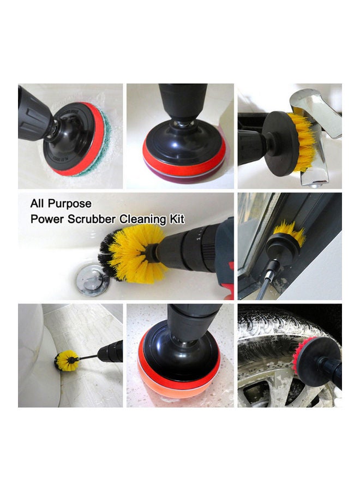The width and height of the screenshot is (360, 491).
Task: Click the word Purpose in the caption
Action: [69, 204]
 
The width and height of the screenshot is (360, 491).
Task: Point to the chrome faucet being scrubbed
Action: [322, 131]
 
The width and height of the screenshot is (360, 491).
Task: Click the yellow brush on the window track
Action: [290, 233]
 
